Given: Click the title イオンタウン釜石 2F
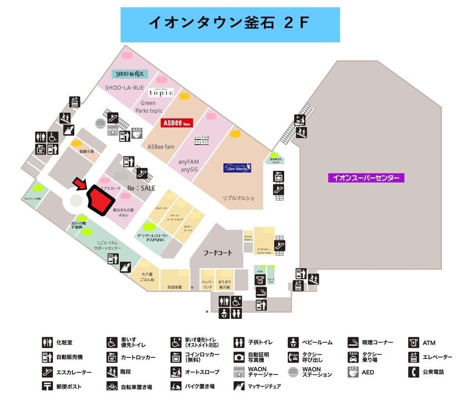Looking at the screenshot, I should (x=230, y=23).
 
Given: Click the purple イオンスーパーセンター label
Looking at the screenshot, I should (x=366, y=178).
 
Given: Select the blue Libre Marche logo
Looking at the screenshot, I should (x=237, y=167).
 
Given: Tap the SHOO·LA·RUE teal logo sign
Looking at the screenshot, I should (x=130, y=74).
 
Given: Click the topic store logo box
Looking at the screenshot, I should (x=161, y=92).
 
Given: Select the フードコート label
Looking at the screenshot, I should (x=217, y=253).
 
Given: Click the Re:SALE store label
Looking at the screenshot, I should (x=141, y=187).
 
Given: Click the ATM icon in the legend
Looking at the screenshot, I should (x=414, y=343).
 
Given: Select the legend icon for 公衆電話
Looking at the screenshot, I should (x=414, y=372).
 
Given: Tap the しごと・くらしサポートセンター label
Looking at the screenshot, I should (x=108, y=245).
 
